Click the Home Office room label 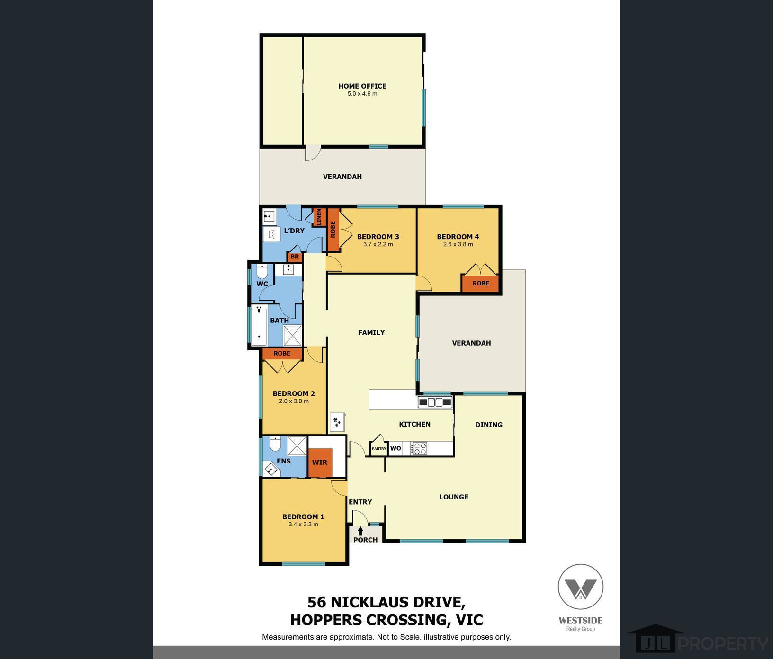point(362,86)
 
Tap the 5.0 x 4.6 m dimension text point(362,94)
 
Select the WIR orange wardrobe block point(320,462)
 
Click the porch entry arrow point(360,531)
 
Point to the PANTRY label point(379,449)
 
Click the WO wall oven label point(395,448)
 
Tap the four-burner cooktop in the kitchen point(420,448)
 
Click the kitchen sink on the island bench point(435,402)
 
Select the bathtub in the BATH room point(259,326)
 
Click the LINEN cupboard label point(319,217)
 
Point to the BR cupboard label point(295,257)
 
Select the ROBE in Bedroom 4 point(481,283)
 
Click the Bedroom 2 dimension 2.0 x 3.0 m point(294,401)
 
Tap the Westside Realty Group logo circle point(581,587)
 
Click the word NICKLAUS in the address point(396,602)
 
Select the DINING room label point(489,425)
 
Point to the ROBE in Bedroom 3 point(333,230)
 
